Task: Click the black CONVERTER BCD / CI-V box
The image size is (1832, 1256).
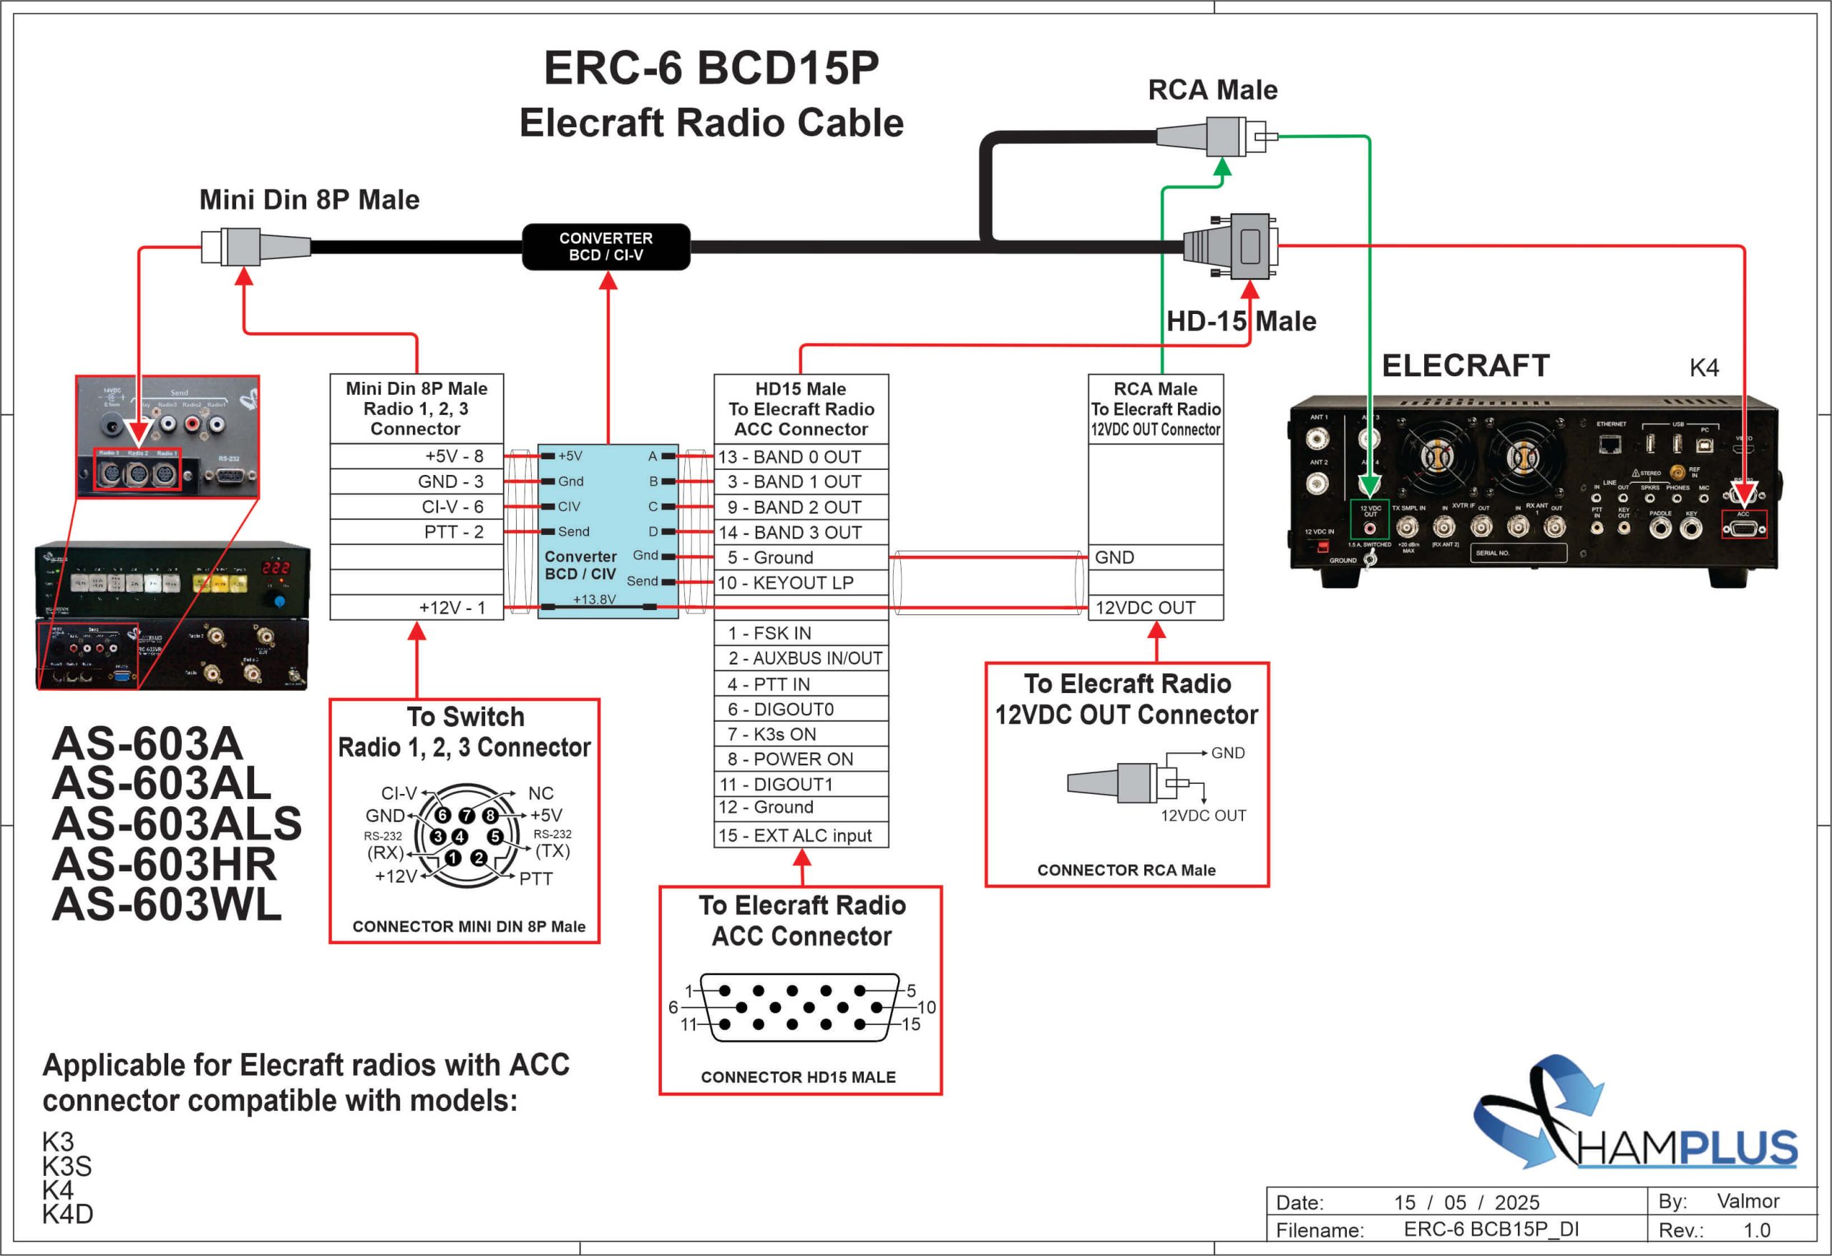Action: pyautogui.click(x=605, y=247)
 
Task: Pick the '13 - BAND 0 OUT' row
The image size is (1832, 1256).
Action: pyautogui.click(x=801, y=457)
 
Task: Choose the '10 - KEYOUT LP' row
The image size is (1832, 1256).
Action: pyautogui.click(x=801, y=583)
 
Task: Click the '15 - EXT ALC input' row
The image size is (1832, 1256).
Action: pyautogui.click(x=801, y=835)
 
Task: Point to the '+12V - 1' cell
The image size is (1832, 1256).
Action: pyautogui.click(x=416, y=607)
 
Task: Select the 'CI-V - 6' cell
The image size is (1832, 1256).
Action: pyautogui.click(x=416, y=506)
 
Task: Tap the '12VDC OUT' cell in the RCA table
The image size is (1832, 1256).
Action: pyautogui.click(x=1155, y=607)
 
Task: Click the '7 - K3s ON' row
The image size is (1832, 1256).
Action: pyautogui.click(x=801, y=735)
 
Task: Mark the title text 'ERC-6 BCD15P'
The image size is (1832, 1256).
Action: pyautogui.click(x=711, y=68)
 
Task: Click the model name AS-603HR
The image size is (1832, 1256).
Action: pyautogui.click(x=164, y=864)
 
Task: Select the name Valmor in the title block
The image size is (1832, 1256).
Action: pyautogui.click(x=1748, y=1201)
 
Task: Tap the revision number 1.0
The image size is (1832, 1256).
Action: pyautogui.click(x=1756, y=1230)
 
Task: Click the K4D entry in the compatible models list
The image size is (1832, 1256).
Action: pyautogui.click(x=68, y=1215)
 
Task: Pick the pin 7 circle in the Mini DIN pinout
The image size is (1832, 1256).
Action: pyautogui.click(x=467, y=815)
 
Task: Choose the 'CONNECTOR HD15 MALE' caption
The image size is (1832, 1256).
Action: pyautogui.click(x=798, y=1077)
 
